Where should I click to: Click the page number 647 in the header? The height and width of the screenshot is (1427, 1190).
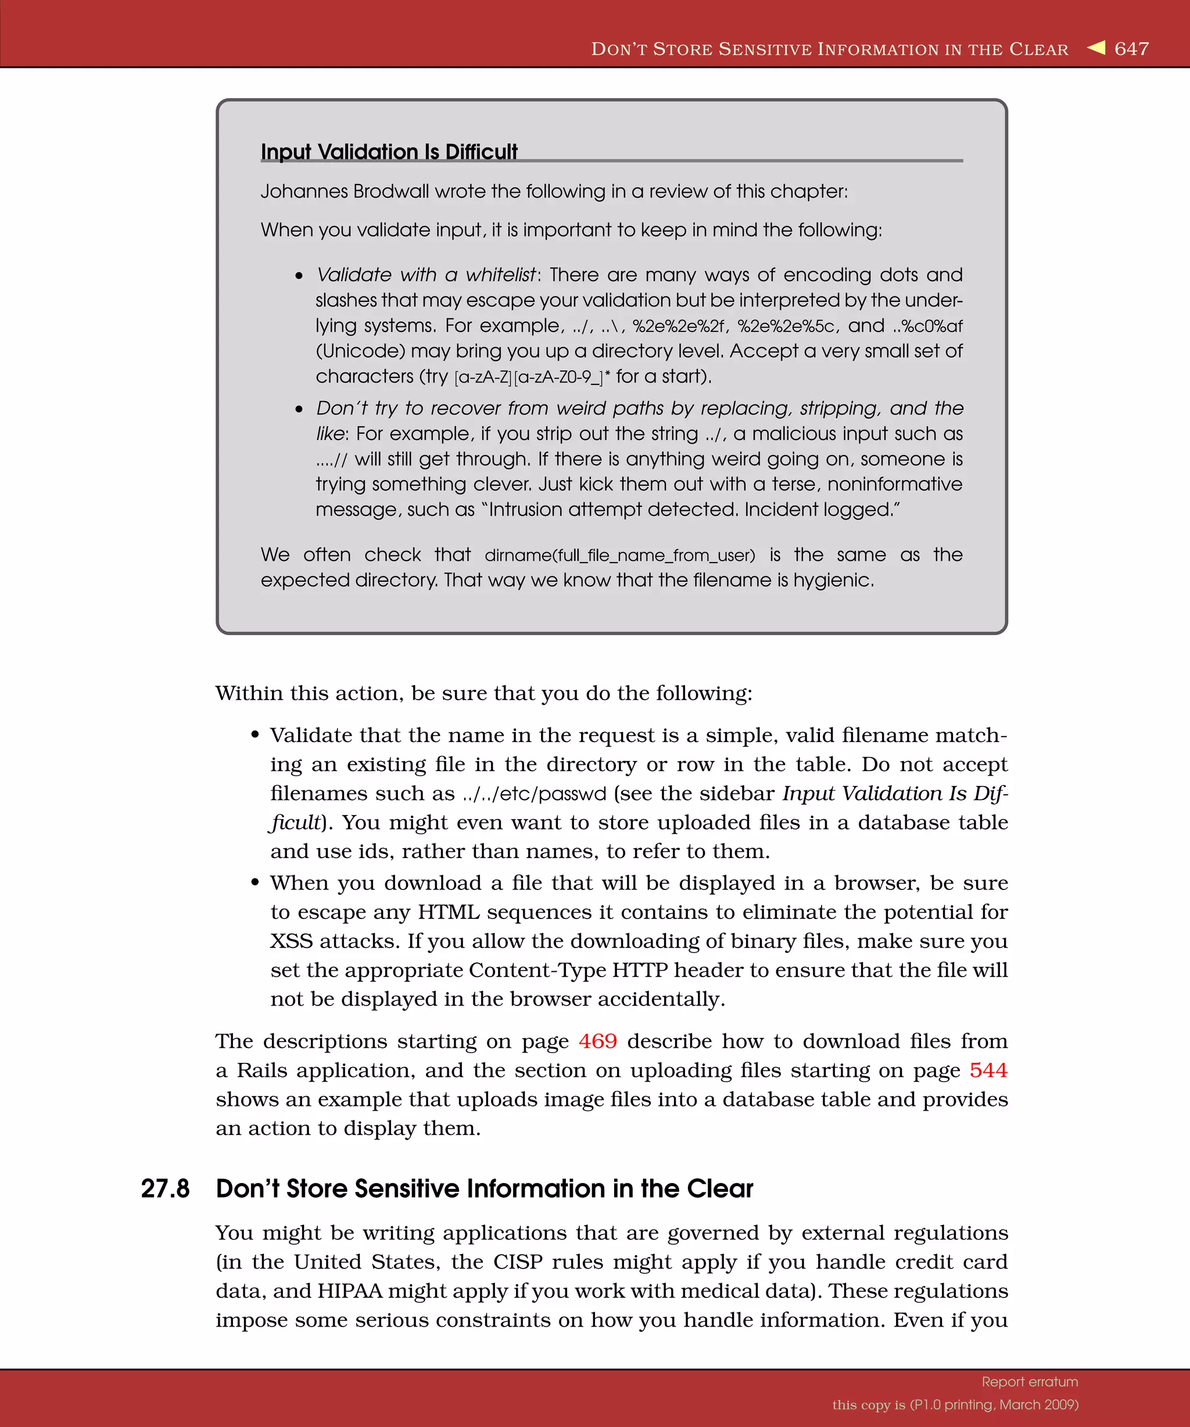pos(1131,49)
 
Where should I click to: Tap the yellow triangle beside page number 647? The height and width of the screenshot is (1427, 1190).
pos(1096,48)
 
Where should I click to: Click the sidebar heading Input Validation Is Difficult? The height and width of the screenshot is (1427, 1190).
pos(389,152)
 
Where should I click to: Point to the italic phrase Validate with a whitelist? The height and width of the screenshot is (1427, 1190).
pos(426,275)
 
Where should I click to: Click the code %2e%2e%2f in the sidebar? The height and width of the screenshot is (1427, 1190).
pos(678,326)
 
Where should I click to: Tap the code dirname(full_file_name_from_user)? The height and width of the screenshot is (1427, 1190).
pos(619,555)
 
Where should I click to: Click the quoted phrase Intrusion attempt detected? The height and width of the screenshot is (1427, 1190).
pos(612,510)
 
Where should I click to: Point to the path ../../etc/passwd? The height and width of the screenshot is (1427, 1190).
pos(534,794)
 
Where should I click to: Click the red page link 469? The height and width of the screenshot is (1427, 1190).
pos(598,1041)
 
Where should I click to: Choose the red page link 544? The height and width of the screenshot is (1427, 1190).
pos(988,1071)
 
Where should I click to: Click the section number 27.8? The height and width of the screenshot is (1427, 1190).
pos(165,1188)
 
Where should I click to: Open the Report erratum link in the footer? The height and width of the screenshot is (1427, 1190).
pos(1030,1382)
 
